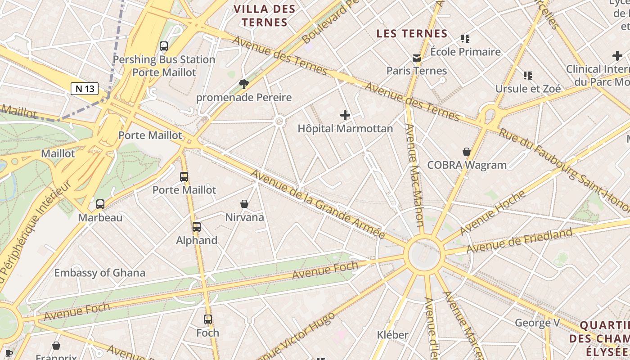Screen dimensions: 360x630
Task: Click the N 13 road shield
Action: coord(85,89)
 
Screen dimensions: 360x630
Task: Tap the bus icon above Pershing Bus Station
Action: coord(164,46)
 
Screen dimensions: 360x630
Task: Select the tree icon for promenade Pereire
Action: coord(244,84)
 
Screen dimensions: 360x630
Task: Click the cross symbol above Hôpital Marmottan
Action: coord(345,115)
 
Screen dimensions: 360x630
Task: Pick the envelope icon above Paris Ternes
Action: coord(416,58)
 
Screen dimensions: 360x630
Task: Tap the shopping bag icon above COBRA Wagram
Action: coord(467,152)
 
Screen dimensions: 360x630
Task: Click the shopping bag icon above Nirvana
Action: coord(244,204)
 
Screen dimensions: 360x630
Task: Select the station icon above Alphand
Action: coord(197,227)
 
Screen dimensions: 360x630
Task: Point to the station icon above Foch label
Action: coord(208,319)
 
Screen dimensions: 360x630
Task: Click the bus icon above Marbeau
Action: coord(100,204)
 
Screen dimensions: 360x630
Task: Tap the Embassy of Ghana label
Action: coord(99,273)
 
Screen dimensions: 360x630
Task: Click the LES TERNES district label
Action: coord(412,34)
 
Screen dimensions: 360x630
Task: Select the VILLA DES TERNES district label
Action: coord(265,16)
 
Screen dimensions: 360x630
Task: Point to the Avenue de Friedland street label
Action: coord(519,241)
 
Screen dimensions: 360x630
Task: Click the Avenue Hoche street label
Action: coord(492,212)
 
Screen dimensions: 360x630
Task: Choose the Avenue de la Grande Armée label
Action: coord(317,204)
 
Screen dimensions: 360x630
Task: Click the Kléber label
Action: coord(392,335)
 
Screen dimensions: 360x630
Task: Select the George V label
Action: coord(537,323)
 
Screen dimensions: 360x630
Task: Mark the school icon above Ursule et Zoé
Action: coord(528,76)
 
